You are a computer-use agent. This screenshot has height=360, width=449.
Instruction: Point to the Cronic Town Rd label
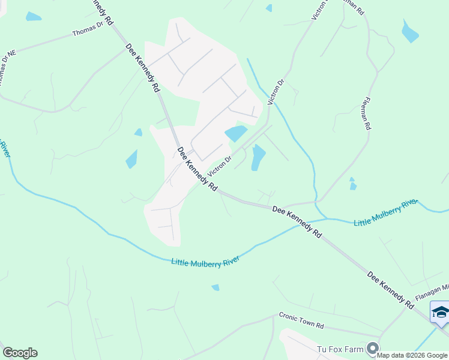pyautogui.click(x=301, y=321)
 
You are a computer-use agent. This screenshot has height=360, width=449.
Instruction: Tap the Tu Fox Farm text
pyautogui.click(x=342, y=349)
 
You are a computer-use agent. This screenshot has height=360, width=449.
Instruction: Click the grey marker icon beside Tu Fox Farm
pyautogui.click(x=373, y=348)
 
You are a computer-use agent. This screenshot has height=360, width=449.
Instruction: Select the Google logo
pyautogui.click(x=20, y=353)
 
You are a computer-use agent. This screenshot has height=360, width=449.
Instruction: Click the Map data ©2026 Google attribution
pyautogui.click(x=412, y=355)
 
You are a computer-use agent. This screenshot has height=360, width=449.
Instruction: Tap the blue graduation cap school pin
pyautogui.click(x=439, y=313)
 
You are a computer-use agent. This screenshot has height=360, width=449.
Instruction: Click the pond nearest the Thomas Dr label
pyautogui.click(x=34, y=17)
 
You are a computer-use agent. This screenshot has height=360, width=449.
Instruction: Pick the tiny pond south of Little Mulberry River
pyautogui.click(x=215, y=287)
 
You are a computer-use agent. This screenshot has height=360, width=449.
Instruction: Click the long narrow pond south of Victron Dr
pyautogui.click(x=258, y=157)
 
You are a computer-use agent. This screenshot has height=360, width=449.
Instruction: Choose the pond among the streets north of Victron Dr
pyautogui.click(x=236, y=134)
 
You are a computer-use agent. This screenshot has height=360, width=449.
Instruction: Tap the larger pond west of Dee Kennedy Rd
pyautogui.click(x=131, y=159)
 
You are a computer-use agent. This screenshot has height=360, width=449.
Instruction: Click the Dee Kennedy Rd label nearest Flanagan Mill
pyautogui.click(x=391, y=290)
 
